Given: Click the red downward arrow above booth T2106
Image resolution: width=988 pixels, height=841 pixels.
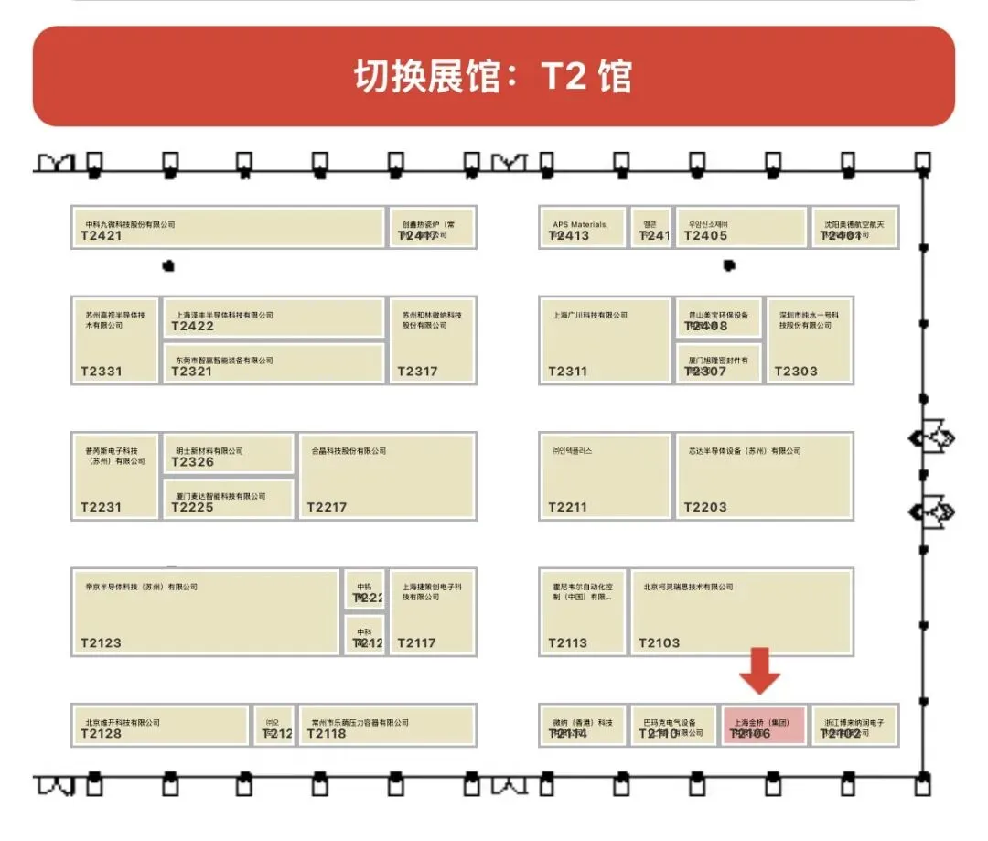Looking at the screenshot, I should coord(760,670).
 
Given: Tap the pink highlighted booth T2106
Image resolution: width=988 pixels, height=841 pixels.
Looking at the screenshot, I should coord(764,725).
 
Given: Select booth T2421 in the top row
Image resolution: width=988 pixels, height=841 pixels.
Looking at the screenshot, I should coord(228,228).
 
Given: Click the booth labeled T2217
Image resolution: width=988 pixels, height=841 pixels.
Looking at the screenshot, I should coord(387,475).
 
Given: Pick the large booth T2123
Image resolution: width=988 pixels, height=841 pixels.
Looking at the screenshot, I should coord(206,610).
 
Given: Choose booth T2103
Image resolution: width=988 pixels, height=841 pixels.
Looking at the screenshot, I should coord(741,610).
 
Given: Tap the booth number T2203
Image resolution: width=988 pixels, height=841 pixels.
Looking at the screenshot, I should coord(705,507).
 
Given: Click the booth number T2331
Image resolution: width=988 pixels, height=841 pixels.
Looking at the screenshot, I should coord(101,372).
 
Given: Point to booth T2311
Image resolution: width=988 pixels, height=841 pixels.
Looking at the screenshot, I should coord(605,339).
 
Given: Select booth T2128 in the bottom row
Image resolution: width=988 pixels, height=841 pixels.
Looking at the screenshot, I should coord(160,725).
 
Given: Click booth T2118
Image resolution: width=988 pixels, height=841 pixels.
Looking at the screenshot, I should coord(387,725).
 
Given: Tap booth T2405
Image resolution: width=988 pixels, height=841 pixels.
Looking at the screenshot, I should coord(741,228).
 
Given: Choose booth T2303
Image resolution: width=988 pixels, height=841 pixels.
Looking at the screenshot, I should coord(810,339).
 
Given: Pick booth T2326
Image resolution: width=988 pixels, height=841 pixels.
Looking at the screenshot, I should coord(228,453).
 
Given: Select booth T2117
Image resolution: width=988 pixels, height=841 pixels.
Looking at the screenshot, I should coord(433,610).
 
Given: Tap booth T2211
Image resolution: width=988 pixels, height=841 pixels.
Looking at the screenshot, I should coord(605,475).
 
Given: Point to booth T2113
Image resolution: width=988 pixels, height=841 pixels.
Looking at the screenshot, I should coord(583,610).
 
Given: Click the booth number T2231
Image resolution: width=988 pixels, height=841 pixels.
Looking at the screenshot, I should coord(101,507).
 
